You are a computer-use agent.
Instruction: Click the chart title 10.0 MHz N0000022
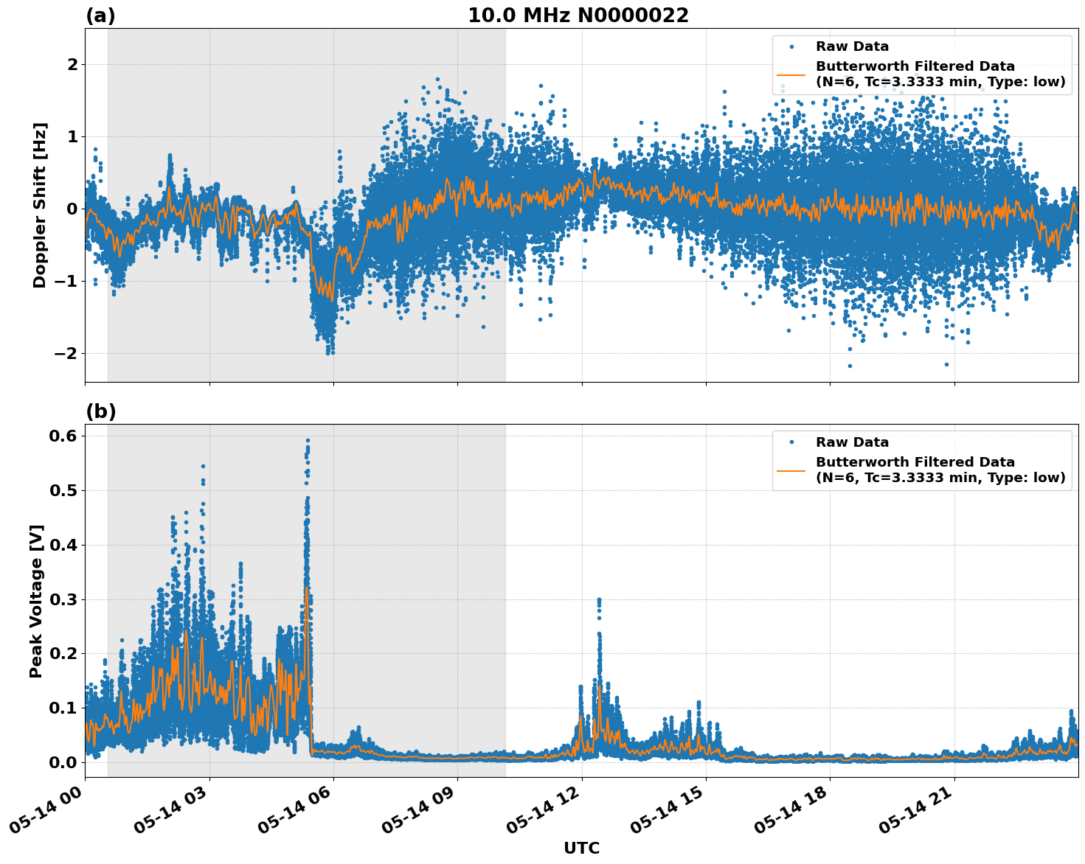coord(578,15)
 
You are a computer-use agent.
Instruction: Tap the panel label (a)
coord(100,15)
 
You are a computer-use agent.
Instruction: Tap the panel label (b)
coord(101,411)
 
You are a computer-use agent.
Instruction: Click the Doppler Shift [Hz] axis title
coord(40,205)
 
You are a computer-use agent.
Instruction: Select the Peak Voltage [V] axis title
coord(36,601)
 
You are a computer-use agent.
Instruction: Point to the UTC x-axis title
coord(581,848)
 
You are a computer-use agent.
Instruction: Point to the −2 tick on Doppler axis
coord(65,353)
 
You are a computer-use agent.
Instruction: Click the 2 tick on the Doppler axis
coord(72,65)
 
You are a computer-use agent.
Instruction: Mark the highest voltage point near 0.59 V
coord(308,441)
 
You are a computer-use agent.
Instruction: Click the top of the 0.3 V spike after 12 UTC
coord(599,600)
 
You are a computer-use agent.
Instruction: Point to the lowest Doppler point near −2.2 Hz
coord(850,366)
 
